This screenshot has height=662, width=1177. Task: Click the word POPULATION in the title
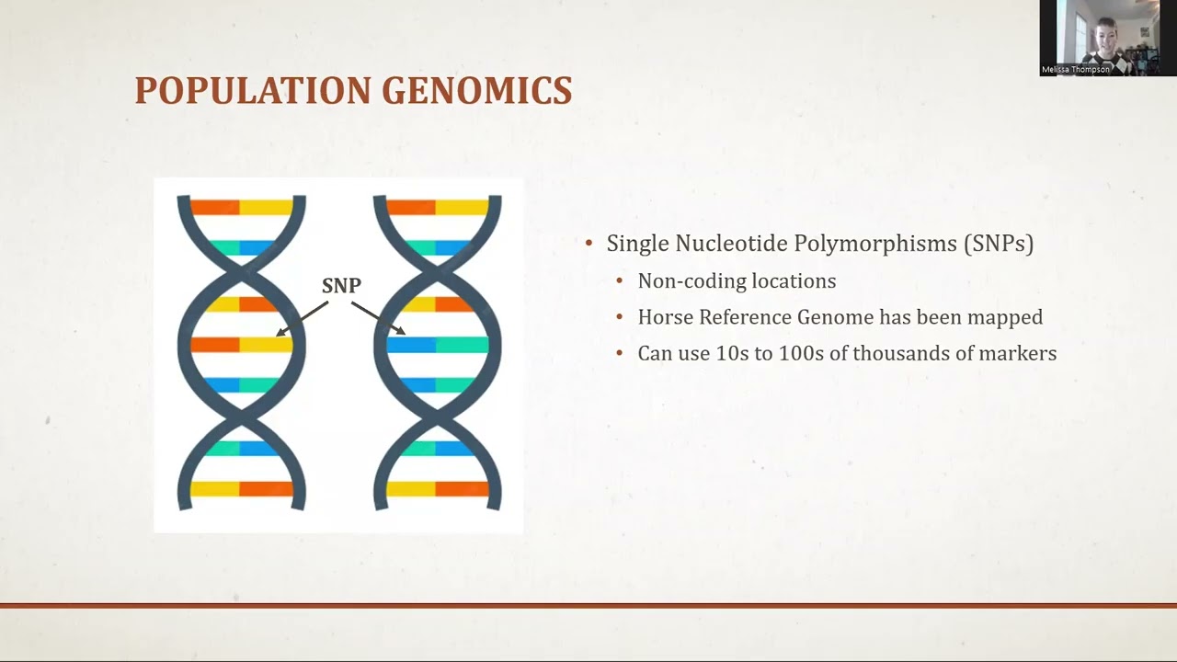[254, 90]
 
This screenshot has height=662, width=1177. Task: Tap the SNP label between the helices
[341, 285]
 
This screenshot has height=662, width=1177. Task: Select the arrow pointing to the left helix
[303, 318]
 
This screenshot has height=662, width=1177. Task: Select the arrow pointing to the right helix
[378, 318]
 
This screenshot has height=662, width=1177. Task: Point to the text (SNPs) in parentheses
[999, 244]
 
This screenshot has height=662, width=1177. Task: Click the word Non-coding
[691, 281]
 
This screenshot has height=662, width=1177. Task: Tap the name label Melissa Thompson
[1076, 69]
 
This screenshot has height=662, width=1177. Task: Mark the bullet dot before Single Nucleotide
[589, 244]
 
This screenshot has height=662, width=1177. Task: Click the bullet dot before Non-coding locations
[620, 281]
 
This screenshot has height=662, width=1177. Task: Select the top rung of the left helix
[241, 207]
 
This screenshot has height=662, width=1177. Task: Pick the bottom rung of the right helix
[437, 489]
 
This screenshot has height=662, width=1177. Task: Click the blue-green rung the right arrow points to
[437, 345]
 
